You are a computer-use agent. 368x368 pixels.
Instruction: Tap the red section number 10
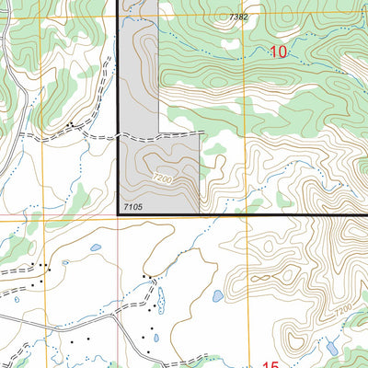pyautogui.click(x=279, y=53)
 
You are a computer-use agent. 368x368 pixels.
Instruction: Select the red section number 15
pyautogui.click(x=269, y=364)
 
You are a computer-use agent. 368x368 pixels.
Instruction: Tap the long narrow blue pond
pyautogui.click(x=161, y=299)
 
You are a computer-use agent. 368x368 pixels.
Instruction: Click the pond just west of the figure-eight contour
pyautogui.click(x=217, y=296)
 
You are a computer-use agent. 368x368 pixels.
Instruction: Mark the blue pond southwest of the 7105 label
pyautogui.click(x=96, y=247)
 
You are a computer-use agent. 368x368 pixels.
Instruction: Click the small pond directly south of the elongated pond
pyautogui.click(x=156, y=337)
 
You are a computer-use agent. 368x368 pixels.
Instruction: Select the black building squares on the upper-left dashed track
pyautogui.click(x=70, y=123)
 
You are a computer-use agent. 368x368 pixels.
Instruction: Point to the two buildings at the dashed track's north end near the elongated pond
pyautogui.click(x=146, y=277)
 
